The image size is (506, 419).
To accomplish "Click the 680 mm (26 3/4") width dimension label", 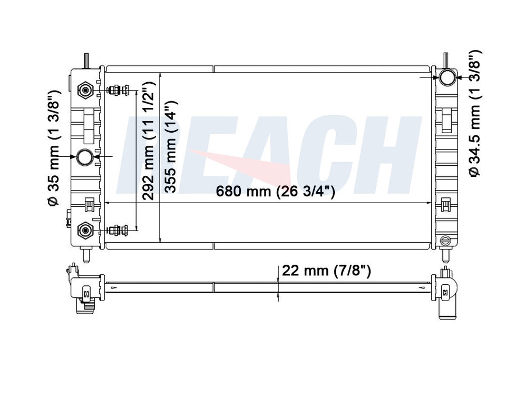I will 276,193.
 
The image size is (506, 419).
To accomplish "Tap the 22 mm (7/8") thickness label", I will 327,271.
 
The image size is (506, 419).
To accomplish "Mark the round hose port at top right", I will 447,77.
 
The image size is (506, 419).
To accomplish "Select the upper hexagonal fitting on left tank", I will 85,91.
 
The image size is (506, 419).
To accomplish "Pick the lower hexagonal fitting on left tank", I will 85,230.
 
